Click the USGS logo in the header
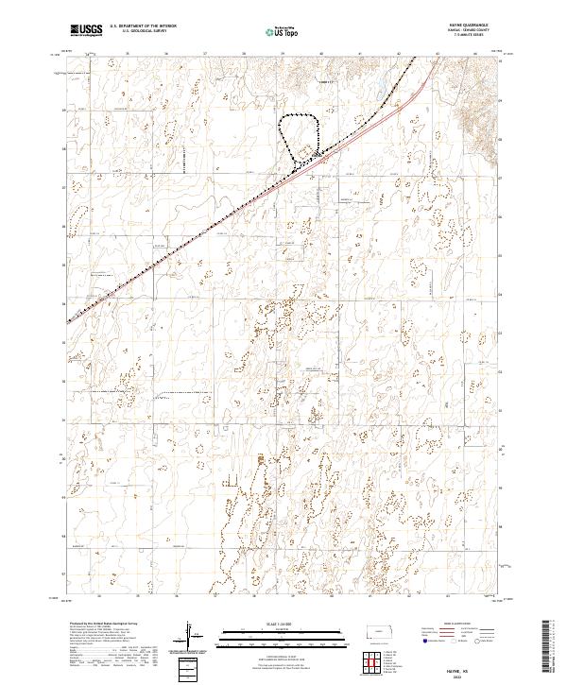click(x=87, y=30)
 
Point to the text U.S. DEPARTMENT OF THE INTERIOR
click(x=143, y=26)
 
